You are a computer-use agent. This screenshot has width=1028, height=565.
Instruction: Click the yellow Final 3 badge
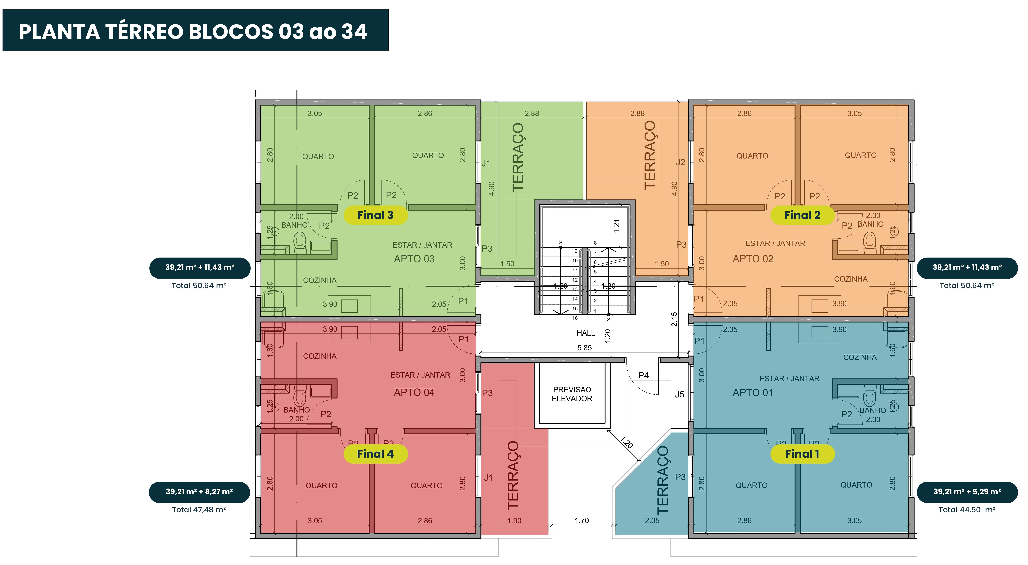coord(375,215)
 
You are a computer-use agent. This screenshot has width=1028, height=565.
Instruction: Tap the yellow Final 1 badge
coord(802,454)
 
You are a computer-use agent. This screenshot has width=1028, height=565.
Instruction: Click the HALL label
coord(585,333)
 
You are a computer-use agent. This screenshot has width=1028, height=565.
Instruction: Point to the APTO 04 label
coord(414,393)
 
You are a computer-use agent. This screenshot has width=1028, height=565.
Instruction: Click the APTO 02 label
coord(753,259)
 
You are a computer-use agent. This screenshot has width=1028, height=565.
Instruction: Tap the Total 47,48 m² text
coord(199,510)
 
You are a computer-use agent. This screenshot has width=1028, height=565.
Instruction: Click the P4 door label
coord(643,375)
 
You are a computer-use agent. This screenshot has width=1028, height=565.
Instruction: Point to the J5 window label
coord(679,394)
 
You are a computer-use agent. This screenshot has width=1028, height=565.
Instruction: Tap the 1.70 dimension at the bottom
coord(582,521)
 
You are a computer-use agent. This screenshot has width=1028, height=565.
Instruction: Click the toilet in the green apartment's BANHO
coord(300,242)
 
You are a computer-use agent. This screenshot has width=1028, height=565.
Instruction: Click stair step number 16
coord(575,318)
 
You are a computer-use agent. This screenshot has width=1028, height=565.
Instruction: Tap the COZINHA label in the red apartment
coord(320,356)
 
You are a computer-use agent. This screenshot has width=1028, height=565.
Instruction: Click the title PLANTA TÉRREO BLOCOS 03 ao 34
coord(193,32)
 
